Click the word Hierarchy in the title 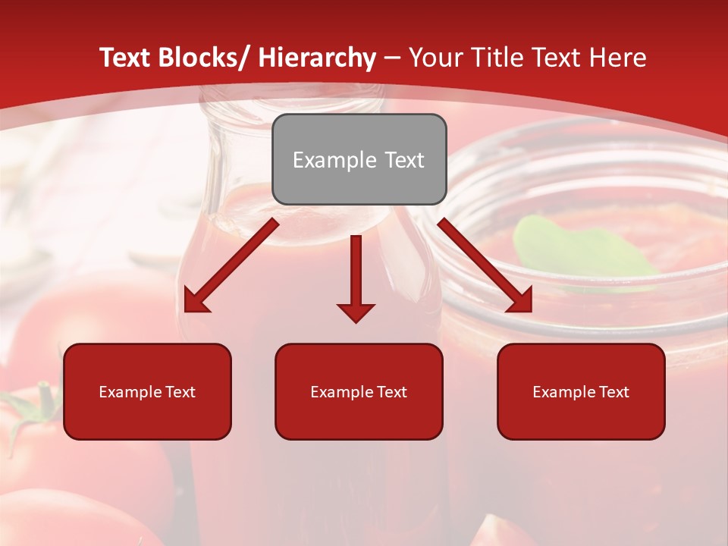(x=317, y=58)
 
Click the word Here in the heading (x=619, y=58)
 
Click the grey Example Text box (x=359, y=160)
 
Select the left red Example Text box (x=147, y=392)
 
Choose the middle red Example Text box (x=359, y=392)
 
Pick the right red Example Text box (x=581, y=392)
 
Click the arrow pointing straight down (x=356, y=281)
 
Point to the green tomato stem (x=34, y=409)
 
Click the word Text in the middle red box (x=391, y=392)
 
